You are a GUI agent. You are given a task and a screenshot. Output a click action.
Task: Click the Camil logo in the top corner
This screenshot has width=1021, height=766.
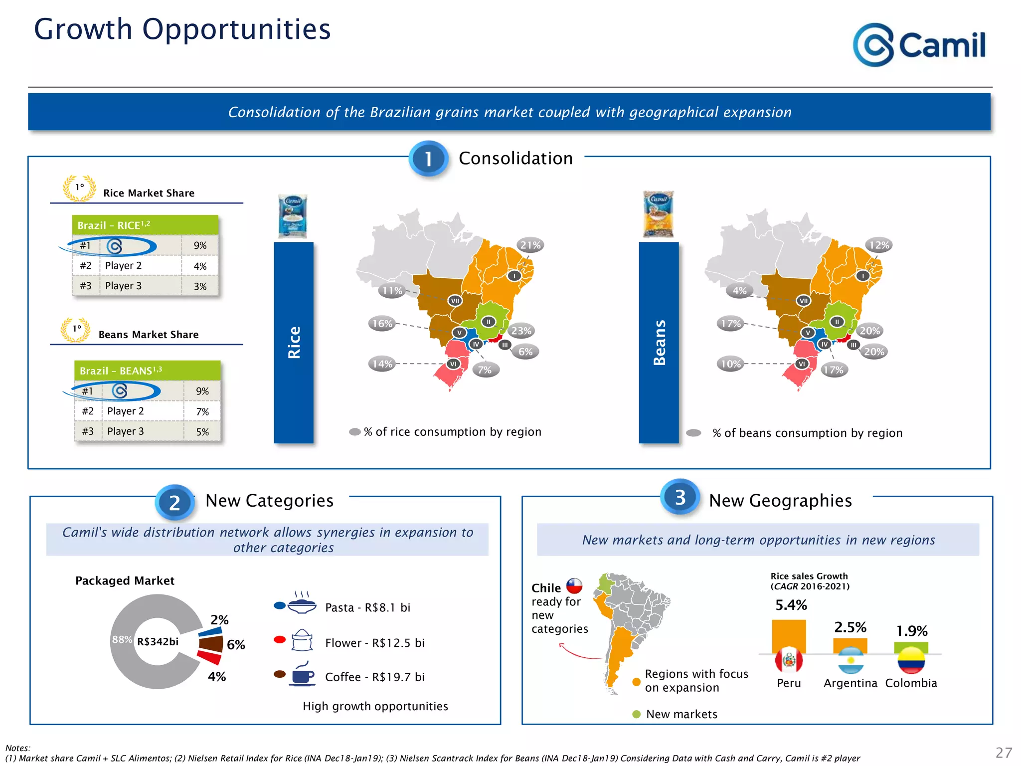coord(919,45)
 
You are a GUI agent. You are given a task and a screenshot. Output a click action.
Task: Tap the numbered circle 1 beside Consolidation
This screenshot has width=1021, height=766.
coord(428,159)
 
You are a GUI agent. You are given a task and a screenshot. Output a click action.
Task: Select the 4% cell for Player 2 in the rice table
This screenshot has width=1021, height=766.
coord(200,266)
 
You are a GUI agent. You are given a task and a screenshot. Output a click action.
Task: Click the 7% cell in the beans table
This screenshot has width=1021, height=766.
coord(202,412)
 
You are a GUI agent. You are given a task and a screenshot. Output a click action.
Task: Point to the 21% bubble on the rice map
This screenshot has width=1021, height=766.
coord(530,245)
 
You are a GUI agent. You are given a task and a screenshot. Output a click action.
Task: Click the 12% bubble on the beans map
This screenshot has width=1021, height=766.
coord(879,245)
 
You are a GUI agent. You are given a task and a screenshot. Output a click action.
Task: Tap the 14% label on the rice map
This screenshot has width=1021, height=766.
coord(382,364)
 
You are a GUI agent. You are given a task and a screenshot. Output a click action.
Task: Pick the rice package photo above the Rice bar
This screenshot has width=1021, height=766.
coord(293,216)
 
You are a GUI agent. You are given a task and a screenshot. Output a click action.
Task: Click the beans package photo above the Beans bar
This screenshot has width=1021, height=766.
coord(658,214)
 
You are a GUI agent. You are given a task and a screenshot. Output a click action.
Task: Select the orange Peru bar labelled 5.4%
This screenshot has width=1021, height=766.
coord(789,636)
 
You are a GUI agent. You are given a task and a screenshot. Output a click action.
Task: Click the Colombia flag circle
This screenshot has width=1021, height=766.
coord(911,660)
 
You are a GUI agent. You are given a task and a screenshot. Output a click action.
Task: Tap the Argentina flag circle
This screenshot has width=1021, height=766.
coord(851,660)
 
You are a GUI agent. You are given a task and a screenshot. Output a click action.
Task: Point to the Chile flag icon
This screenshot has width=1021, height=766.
coord(574,586)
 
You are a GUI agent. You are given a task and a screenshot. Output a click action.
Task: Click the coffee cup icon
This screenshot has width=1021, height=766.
coord(302,675)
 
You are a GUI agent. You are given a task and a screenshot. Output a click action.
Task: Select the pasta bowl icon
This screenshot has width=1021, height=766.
coord(302,605)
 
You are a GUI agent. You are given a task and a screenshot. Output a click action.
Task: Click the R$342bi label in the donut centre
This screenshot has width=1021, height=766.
coord(158,642)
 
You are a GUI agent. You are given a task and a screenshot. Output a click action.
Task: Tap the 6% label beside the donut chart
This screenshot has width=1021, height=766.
coord(236,645)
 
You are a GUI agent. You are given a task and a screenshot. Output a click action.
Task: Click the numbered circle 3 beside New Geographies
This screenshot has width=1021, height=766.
coord(680,497)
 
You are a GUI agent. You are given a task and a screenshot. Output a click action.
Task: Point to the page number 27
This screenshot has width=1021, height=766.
coord(1004,753)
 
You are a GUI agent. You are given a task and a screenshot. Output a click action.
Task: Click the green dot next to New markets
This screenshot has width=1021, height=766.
coord(636,714)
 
